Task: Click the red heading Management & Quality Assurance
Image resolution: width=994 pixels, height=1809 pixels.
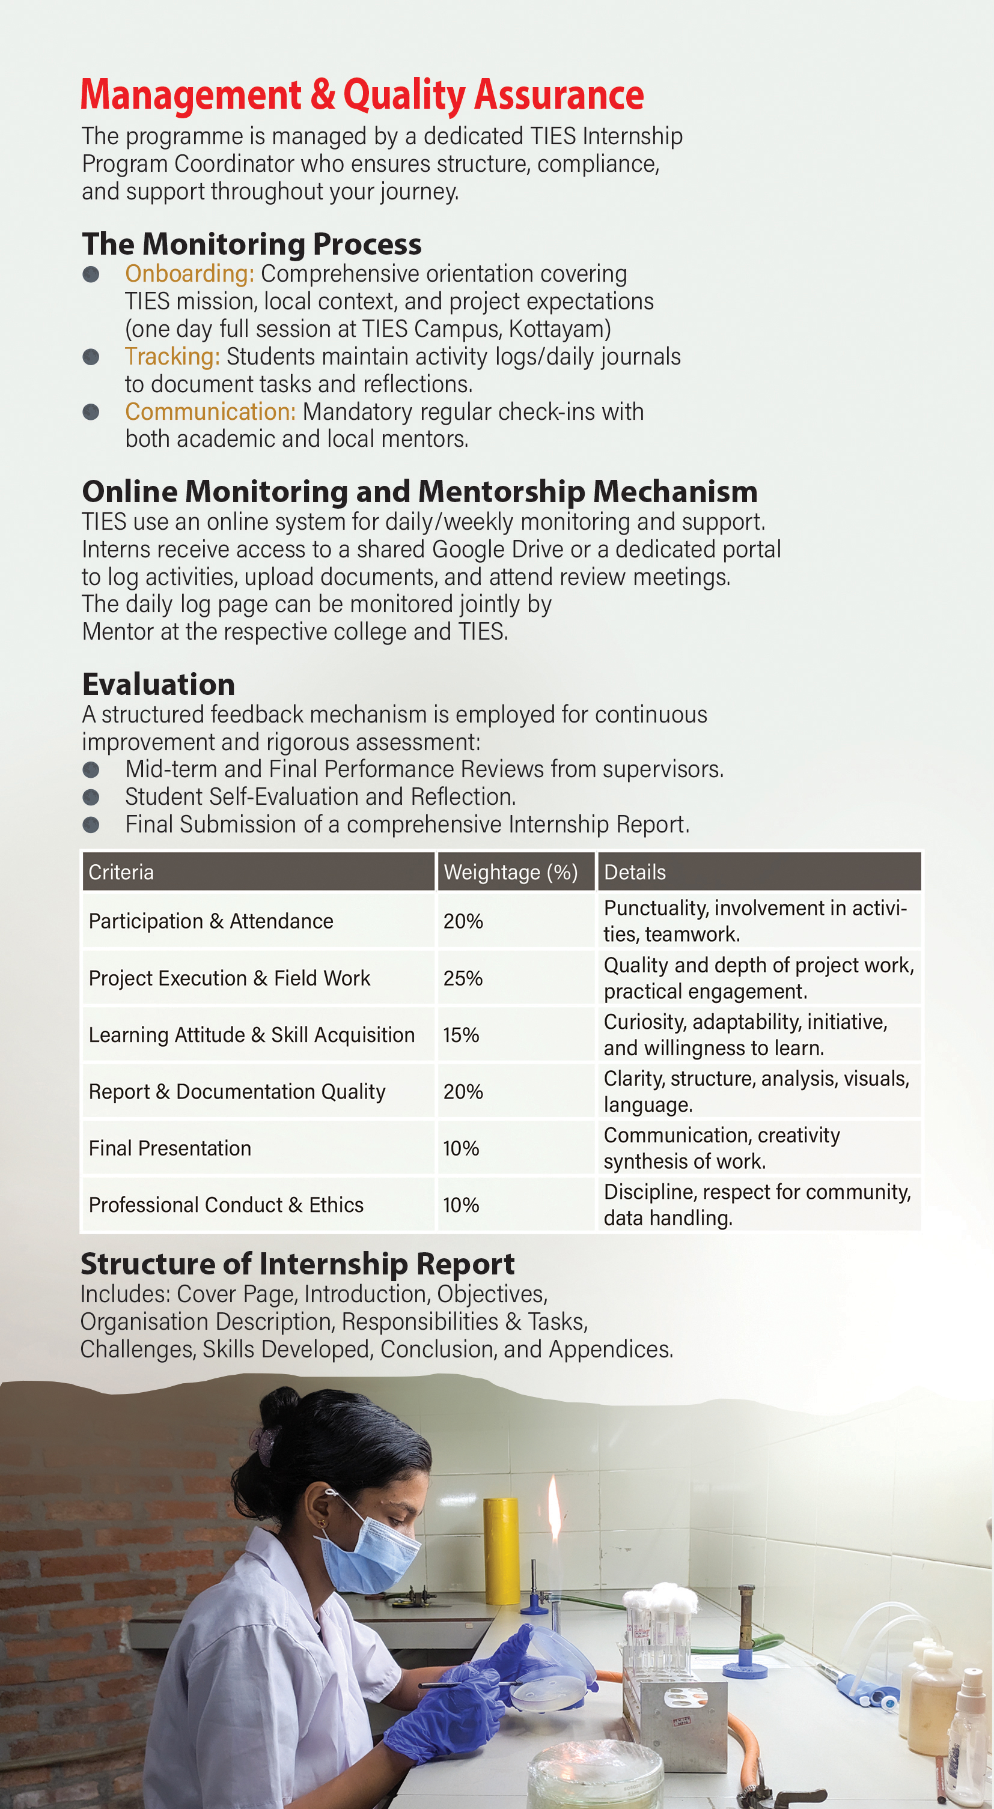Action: pyautogui.click(x=362, y=95)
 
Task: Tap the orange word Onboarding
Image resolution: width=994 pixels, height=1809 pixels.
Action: pyautogui.click(x=189, y=273)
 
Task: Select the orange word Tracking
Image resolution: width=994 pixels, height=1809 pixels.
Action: pyautogui.click(x=172, y=356)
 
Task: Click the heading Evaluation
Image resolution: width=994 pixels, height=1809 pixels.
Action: pyautogui.click(x=159, y=684)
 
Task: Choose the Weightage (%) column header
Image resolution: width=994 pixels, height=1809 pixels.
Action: pyautogui.click(x=511, y=872)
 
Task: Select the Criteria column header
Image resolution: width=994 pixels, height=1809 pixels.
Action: pyautogui.click(x=121, y=872)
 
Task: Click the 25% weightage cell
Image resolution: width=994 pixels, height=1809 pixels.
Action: pyautogui.click(x=463, y=978)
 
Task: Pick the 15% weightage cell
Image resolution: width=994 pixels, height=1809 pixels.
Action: pyautogui.click(x=461, y=1035)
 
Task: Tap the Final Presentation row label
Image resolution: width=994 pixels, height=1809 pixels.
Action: pyautogui.click(x=170, y=1148)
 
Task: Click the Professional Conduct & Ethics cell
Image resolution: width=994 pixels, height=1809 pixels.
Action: pyautogui.click(x=226, y=1205)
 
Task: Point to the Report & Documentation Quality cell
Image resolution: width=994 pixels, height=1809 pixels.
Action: pyautogui.click(x=237, y=1092)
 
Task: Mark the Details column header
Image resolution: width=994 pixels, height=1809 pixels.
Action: pyautogui.click(x=635, y=872)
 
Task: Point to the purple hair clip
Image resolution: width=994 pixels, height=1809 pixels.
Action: pyautogui.click(x=261, y=1447)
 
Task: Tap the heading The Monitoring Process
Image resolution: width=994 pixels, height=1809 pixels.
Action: pyautogui.click(x=251, y=244)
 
